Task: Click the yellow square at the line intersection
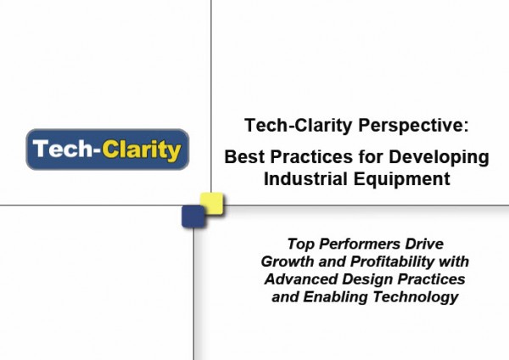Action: click(x=211, y=204)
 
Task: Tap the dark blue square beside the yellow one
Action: click(x=193, y=217)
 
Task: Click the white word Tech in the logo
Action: click(x=63, y=149)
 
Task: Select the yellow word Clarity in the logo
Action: click(x=141, y=151)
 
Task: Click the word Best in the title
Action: click(x=245, y=156)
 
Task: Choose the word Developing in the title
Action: click(x=439, y=158)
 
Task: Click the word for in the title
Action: click(x=371, y=156)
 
